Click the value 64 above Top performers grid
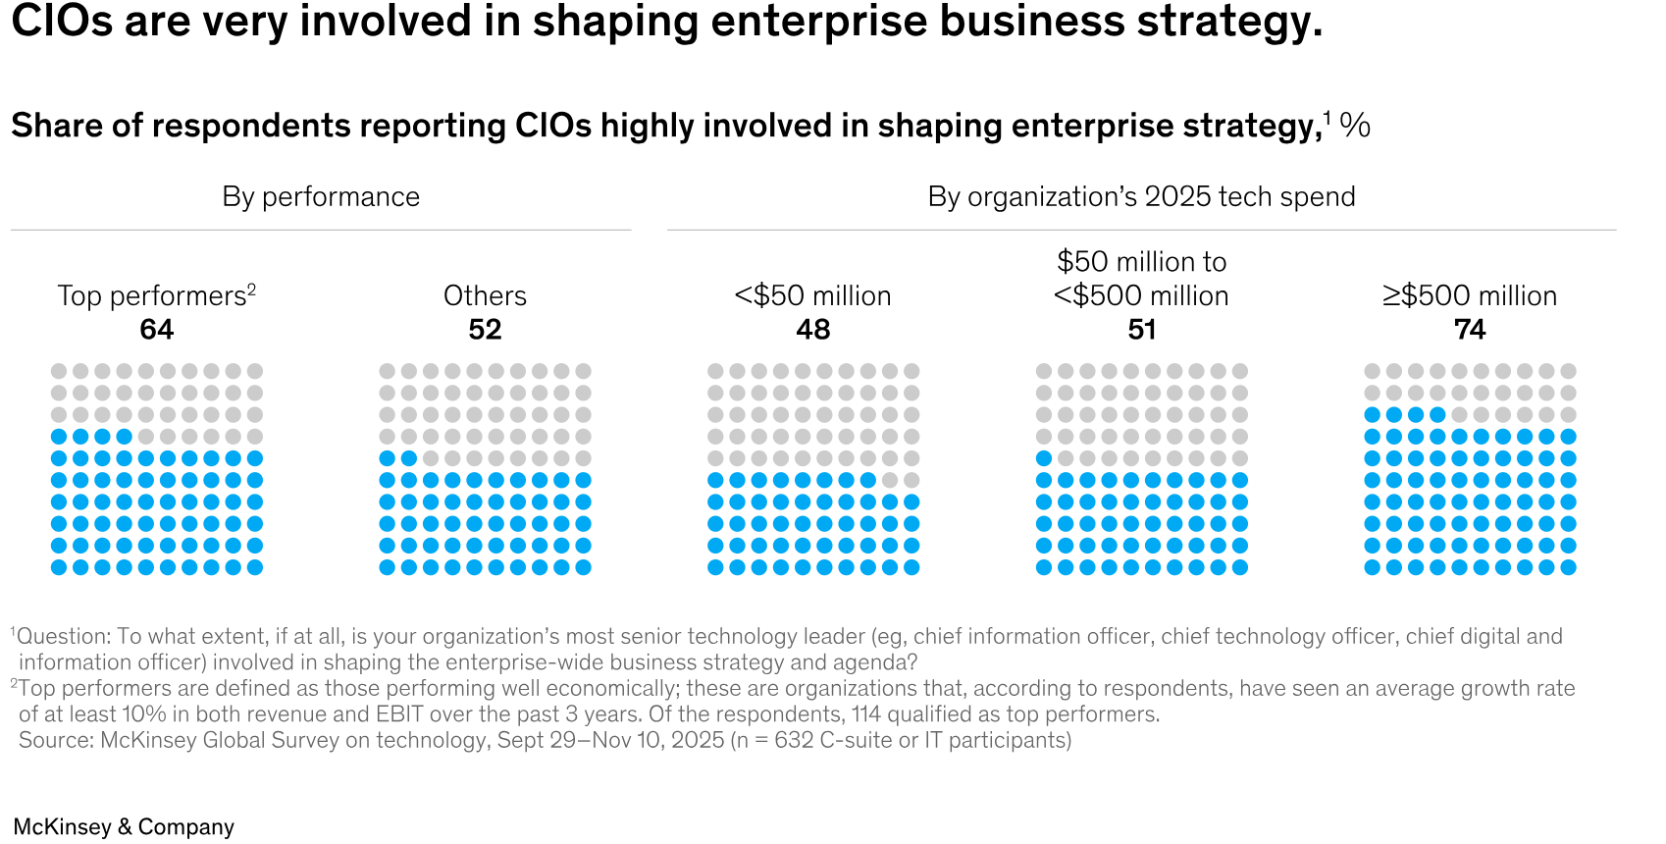tap(157, 330)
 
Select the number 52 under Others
tap(485, 330)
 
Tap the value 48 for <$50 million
tap(813, 330)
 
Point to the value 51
tap(1141, 330)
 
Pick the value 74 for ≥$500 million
tap(1470, 330)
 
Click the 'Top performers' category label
tap(152, 296)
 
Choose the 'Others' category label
tap(485, 296)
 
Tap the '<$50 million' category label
tap(813, 296)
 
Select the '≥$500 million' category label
tap(1470, 296)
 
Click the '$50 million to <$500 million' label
tap(1141, 279)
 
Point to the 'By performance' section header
tap(321, 197)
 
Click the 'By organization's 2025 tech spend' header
tap(1141, 197)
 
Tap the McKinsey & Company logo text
tap(124, 827)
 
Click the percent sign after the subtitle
tap(1355, 126)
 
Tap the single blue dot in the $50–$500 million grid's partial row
tap(1044, 458)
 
